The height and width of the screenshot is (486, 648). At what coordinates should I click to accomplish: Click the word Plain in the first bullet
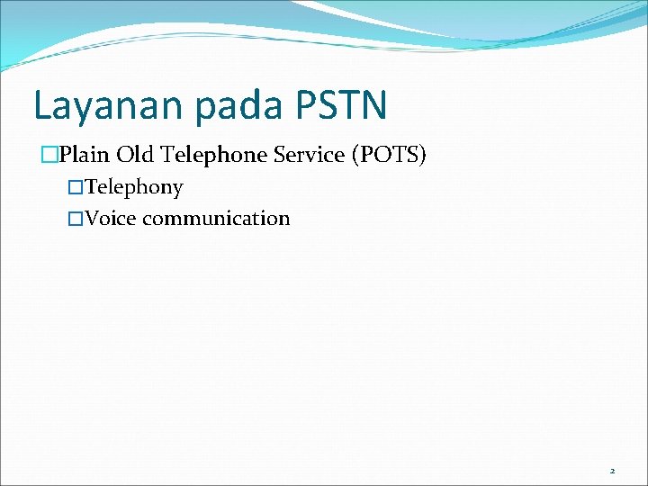(x=82, y=155)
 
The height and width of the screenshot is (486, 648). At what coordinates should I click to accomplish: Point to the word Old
(x=131, y=155)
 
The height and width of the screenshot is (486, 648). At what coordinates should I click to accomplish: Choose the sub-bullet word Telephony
(x=134, y=188)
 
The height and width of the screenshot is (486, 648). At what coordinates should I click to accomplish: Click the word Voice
(x=111, y=219)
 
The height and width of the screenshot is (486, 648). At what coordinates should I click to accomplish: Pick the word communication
(x=216, y=219)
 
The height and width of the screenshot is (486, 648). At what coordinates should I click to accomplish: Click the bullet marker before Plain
(x=49, y=156)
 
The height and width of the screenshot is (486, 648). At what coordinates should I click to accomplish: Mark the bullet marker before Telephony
(x=76, y=188)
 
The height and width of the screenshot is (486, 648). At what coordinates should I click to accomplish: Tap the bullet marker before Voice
(x=76, y=219)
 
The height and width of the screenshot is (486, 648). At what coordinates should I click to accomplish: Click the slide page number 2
(x=612, y=471)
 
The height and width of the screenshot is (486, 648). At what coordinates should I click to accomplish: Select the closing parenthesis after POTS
(x=423, y=155)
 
